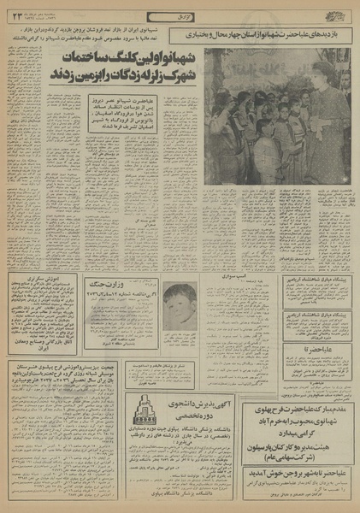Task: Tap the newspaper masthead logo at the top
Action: [339, 13]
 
